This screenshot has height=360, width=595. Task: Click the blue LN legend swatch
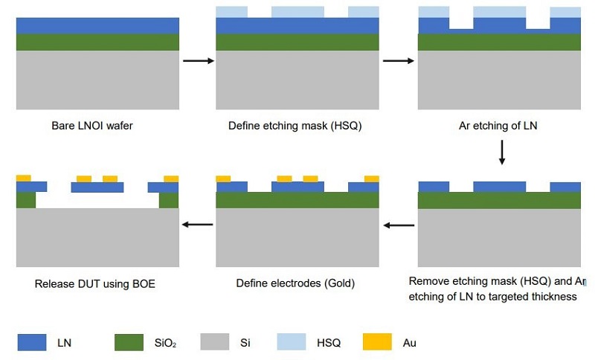(31, 342)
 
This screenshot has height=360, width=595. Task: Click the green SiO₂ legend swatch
(129, 342)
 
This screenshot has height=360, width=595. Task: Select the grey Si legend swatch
(215, 342)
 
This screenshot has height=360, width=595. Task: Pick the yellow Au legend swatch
(377, 342)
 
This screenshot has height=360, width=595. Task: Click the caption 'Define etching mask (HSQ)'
(295, 126)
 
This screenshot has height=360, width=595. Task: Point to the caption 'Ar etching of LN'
(498, 126)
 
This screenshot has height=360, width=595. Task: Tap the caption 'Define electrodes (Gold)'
(296, 283)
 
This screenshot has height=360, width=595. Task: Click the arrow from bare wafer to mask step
(197, 60)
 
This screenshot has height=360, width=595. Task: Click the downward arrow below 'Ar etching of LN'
(502, 151)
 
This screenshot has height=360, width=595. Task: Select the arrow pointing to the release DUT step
(197, 224)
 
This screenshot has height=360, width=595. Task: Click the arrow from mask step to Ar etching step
(399, 60)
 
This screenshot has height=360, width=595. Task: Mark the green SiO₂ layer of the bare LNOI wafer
(97, 42)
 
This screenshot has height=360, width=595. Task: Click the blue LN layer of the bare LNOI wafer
(97, 25)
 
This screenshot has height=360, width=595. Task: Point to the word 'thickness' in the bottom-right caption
(553, 297)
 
